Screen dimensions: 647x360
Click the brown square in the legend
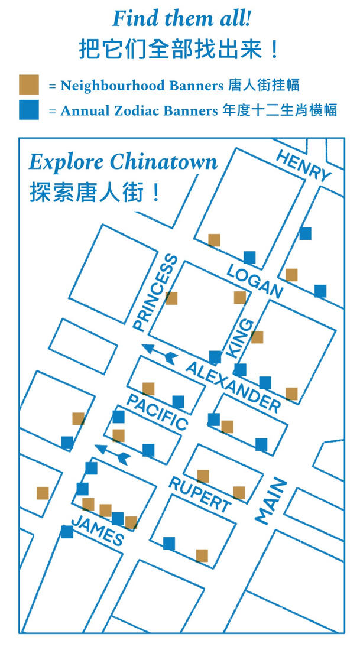point(28,85)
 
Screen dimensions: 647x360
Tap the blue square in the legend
point(28,110)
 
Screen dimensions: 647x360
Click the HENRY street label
point(303,166)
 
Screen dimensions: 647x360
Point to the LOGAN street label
point(255,281)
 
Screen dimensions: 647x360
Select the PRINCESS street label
point(155,292)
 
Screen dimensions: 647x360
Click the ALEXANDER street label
point(233,387)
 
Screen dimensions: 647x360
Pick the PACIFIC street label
point(157,412)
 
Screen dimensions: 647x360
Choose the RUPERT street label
point(200,493)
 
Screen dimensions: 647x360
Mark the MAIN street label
point(271,501)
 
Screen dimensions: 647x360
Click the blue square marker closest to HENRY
point(305,233)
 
